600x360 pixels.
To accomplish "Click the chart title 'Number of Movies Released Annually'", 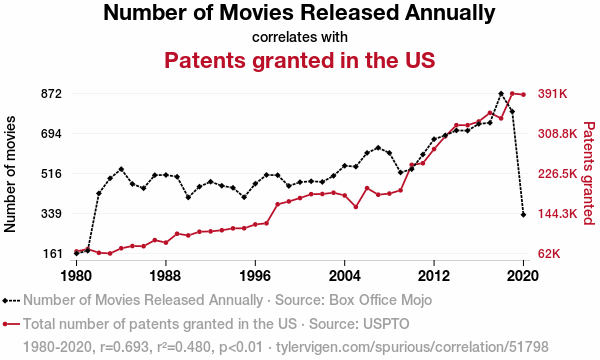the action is (x=299, y=13).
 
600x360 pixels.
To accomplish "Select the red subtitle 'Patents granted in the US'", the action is (x=300, y=60).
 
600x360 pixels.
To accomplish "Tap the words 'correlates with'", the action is (x=300, y=37).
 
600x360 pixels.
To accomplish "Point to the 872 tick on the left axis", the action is (x=51, y=94).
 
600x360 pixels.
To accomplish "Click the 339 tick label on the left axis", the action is (x=51, y=213).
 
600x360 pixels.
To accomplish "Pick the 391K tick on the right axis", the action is (x=552, y=94).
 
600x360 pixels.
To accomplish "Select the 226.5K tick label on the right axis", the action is (x=557, y=174).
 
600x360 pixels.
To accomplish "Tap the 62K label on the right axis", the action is (x=549, y=254).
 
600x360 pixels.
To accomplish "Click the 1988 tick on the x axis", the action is (x=166, y=275).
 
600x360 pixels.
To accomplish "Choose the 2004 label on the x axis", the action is (x=344, y=275).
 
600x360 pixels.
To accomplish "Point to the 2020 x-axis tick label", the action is (x=523, y=275).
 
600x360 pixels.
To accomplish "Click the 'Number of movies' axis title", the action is (x=10, y=174).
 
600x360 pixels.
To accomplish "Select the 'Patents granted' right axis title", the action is (x=589, y=173).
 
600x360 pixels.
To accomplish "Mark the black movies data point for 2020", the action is (x=523, y=215).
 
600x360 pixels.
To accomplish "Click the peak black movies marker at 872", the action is (x=501, y=93).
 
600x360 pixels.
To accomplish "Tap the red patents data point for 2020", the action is (x=523, y=94).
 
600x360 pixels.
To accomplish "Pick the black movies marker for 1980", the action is (x=77, y=253).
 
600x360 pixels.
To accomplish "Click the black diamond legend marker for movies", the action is (x=5, y=301).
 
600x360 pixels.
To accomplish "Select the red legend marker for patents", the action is (x=5, y=324).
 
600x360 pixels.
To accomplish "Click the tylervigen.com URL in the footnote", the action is (x=412, y=347).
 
